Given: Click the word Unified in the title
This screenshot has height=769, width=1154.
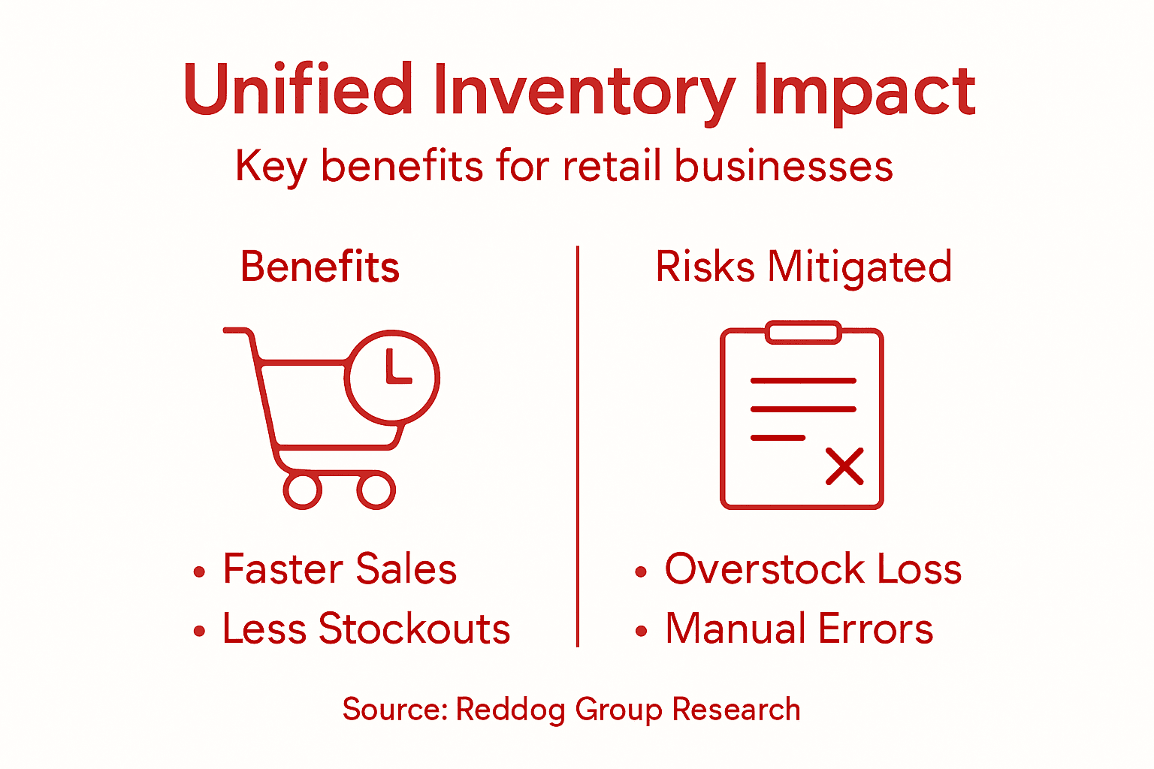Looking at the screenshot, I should [x=298, y=90].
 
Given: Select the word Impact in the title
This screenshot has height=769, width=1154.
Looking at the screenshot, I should [x=864, y=92].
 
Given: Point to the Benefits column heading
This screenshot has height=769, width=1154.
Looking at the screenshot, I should [x=320, y=267].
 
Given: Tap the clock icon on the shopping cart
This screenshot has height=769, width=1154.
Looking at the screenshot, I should [x=392, y=375].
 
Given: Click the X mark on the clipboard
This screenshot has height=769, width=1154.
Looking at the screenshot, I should [x=844, y=466].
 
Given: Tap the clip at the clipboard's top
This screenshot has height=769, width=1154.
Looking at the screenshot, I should [x=802, y=333].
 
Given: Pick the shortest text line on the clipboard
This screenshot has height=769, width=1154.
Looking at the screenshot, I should [x=778, y=437].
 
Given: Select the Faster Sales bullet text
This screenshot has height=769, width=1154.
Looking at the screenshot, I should [x=340, y=568].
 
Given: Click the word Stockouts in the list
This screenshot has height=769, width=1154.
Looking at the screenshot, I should [x=415, y=629].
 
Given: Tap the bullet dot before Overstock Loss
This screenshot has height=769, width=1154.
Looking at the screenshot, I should [x=640, y=571].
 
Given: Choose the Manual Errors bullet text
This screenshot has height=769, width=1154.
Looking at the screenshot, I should [x=799, y=629].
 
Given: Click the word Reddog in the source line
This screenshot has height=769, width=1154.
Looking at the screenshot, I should [x=511, y=710].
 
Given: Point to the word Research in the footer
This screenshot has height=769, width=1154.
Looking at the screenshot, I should [x=736, y=710].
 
